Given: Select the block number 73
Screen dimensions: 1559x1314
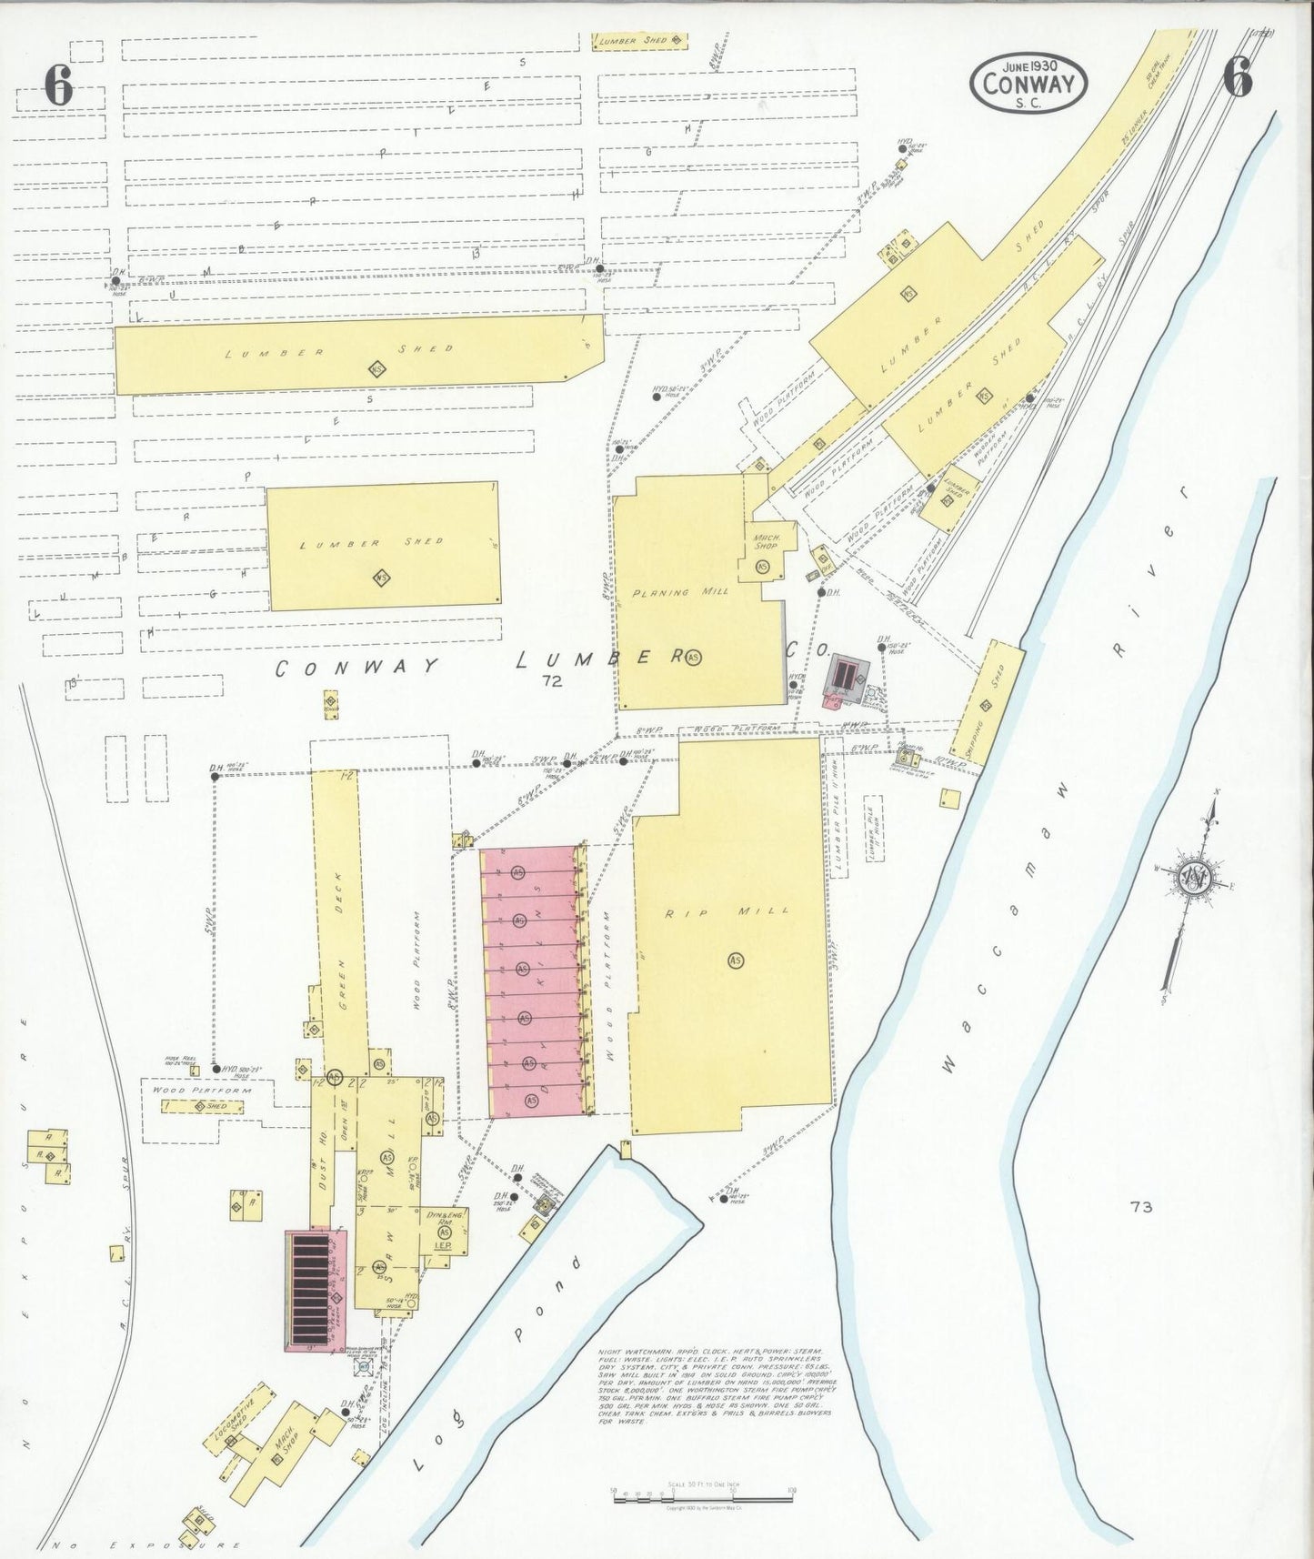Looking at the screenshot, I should (x=1142, y=1207).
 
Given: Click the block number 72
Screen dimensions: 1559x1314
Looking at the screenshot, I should (x=550, y=679).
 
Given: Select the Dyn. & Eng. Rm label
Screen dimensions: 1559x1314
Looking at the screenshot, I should (x=442, y=1219).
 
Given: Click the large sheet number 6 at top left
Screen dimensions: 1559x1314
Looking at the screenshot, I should (x=57, y=85).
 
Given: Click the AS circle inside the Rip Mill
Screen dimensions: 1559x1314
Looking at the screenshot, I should (x=735, y=959).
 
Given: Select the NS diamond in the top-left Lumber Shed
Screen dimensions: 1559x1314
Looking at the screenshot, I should (x=377, y=369).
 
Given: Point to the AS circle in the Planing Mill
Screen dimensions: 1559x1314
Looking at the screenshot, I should (x=694, y=656).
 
